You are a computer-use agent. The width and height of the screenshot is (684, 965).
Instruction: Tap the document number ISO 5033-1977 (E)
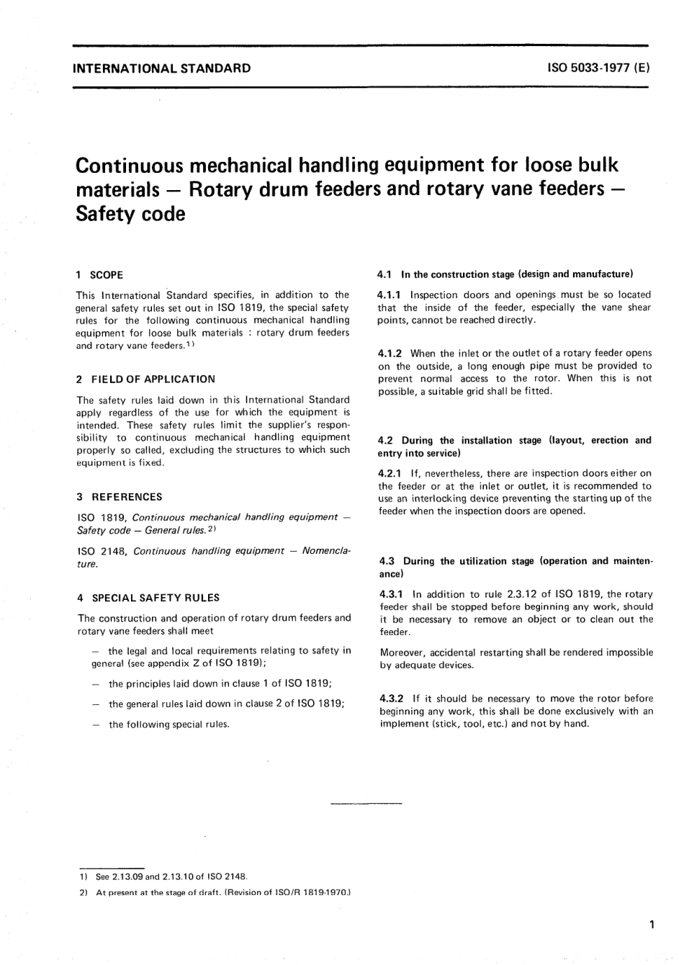(x=599, y=69)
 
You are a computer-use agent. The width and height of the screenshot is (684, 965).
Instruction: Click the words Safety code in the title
(x=130, y=214)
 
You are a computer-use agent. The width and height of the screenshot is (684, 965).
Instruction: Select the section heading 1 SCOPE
(x=99, y=274)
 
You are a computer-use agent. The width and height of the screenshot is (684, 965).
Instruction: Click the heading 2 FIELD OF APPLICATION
(x=145, y=379)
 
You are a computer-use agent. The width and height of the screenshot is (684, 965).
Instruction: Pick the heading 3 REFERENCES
(x=119, y=497)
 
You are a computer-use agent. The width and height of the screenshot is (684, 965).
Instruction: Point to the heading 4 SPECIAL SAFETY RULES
(x=148, y=598)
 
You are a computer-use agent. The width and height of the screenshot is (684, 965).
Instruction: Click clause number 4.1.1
(x=390, y=295)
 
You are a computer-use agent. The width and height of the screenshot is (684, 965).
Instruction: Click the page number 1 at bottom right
(x=652, y=924)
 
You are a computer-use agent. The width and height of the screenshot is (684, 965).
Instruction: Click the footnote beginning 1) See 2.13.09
(x=163, y=877)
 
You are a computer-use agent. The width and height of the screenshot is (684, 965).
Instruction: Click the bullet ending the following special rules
(x=168, y=724)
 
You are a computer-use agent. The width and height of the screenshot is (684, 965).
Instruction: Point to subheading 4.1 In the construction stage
(x=504, y=274)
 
